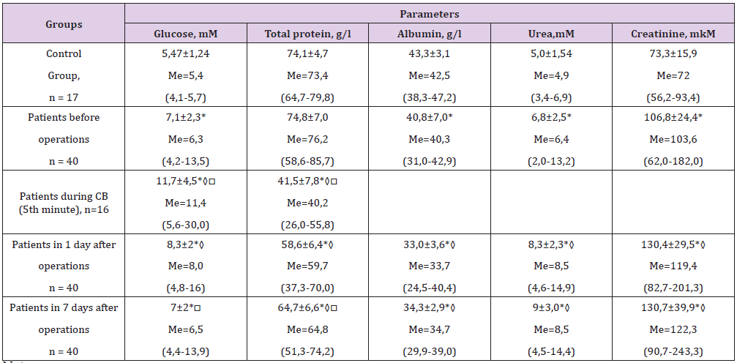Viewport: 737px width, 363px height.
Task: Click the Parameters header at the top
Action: (429, 14)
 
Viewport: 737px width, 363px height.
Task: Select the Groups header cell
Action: (64, 24)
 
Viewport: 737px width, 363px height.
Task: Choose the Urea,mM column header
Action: (551, 34)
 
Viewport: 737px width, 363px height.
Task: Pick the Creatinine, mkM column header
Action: (674, 34)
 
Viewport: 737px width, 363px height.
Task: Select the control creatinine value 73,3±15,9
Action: (674, 54)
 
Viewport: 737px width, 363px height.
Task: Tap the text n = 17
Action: (64, 96)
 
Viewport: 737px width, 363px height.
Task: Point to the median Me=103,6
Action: (674, 139)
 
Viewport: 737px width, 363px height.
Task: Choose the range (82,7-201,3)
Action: (674, 288)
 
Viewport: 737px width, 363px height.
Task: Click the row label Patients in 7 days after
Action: (64, 308)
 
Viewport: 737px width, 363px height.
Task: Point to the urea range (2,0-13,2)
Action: (551, 160)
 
